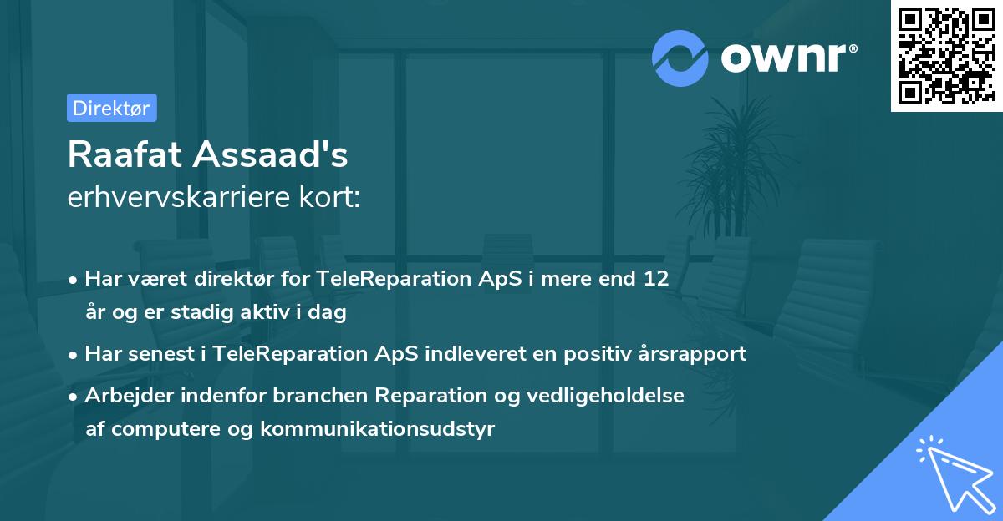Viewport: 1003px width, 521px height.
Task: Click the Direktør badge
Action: pyautogui.click(x=111, y=108)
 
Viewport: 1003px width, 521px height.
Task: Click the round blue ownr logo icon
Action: pyautogui.click(x=680, y=57)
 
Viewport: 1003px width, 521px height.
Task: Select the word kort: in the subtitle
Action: pyautogui.click(x=332, y=199)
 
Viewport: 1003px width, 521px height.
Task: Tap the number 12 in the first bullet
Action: pyautogui.click(x=655, y=279)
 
